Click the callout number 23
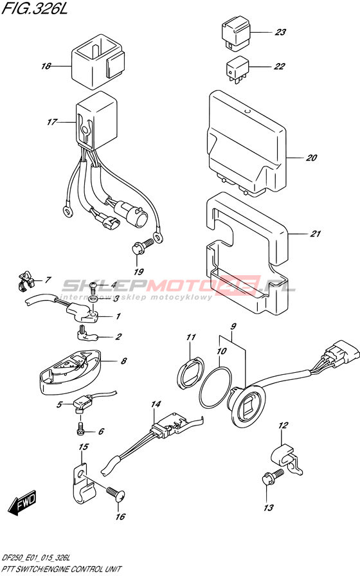click(280, 32)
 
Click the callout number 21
click(315, 233)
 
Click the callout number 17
click(52, 122)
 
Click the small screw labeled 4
click(94, 285)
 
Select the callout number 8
click(123, 361)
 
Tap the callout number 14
click(156, 404)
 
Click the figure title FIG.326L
click(35, 9)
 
